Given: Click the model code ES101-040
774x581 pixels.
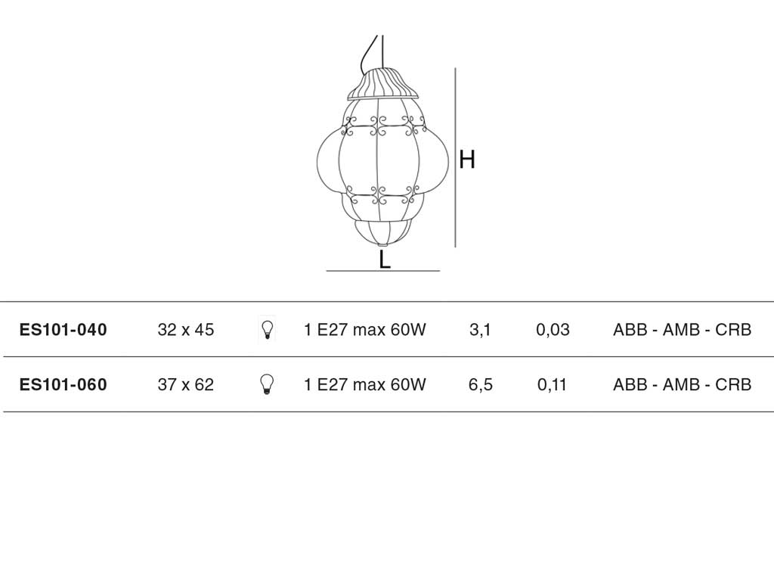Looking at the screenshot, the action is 63,330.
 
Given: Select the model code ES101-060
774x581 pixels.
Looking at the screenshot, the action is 63,384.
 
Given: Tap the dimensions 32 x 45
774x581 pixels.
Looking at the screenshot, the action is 186,330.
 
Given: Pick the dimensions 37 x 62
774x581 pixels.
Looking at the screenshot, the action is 186,384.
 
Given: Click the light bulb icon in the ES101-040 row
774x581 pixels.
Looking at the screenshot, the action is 267,330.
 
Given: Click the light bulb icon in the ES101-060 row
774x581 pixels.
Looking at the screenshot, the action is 267,384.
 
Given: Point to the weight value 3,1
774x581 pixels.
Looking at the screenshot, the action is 480,330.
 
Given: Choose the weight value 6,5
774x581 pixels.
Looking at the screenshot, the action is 480,384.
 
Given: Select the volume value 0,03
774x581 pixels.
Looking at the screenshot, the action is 553,330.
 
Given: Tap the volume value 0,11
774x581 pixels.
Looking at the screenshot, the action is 552,384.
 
